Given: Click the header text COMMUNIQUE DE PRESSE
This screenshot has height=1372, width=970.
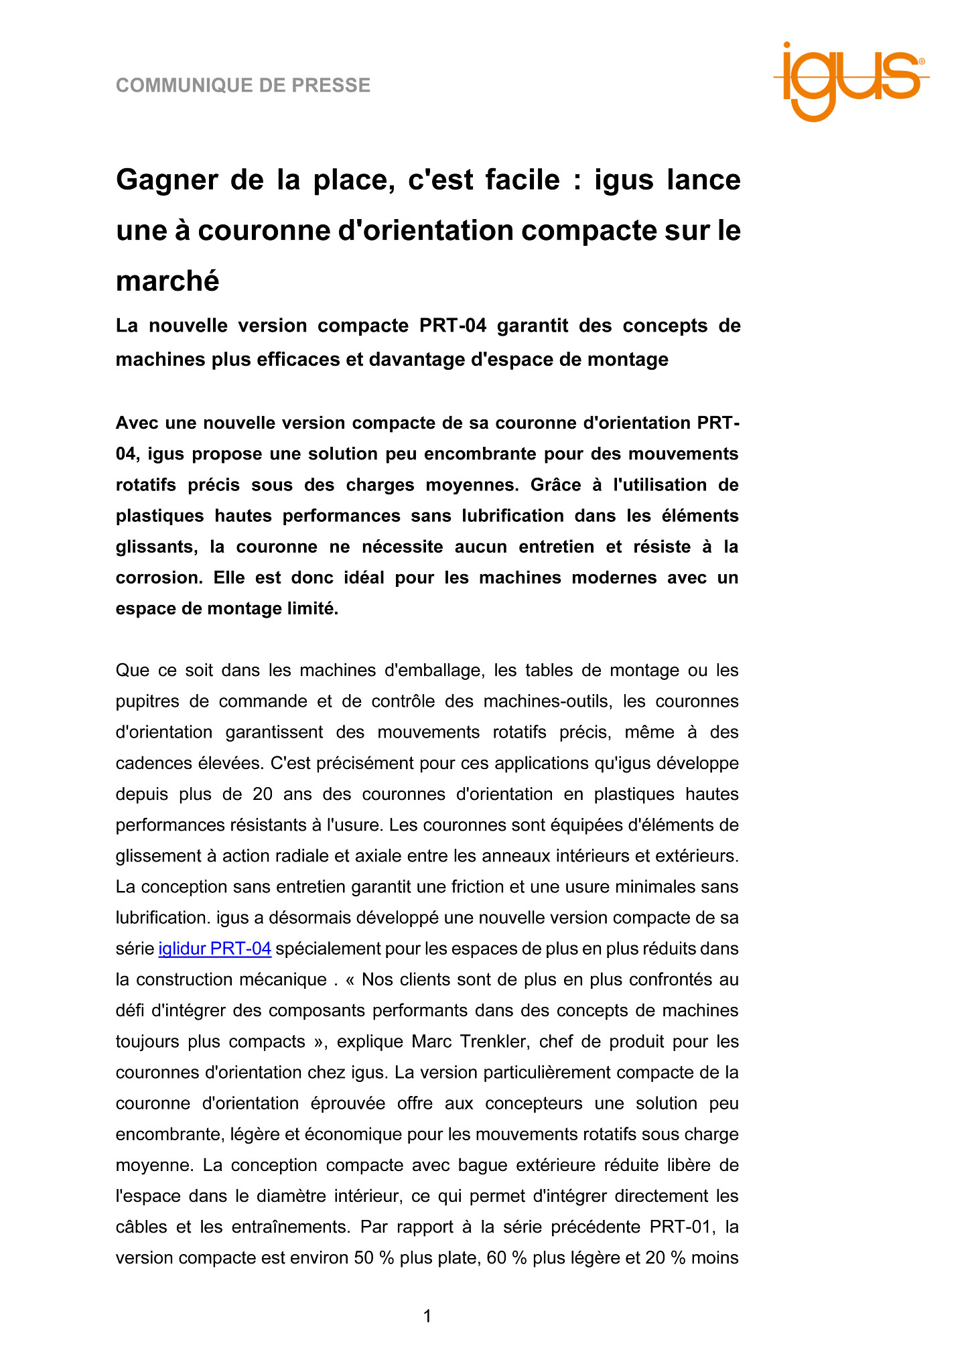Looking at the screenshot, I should point(243,86).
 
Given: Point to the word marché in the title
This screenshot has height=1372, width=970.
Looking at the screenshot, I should point(167,281).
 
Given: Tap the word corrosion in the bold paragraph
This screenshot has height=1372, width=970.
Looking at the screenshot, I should point(158,577).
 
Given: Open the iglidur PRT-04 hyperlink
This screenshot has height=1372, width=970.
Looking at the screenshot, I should point(214,949).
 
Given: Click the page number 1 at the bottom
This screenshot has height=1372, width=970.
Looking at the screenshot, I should point(427,1317).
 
